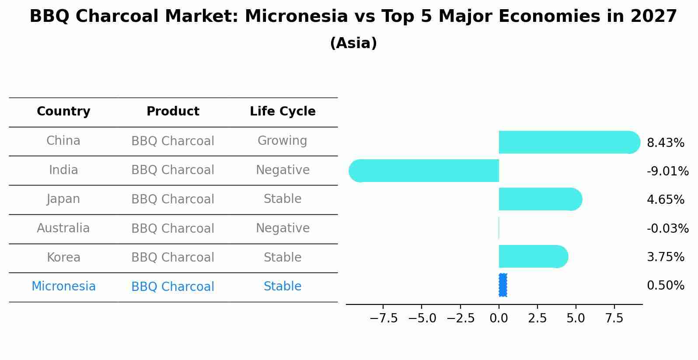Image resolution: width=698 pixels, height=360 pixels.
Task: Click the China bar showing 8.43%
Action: point(569,142)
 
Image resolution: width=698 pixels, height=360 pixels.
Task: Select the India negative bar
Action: point(424,171)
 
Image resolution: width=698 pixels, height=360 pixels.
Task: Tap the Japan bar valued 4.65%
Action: point(540,199)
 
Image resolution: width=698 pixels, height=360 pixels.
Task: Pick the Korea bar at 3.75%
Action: point(534,256)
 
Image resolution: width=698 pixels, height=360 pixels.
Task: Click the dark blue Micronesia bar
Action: point(503,285)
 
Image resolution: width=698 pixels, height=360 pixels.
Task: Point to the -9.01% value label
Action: point(667,171)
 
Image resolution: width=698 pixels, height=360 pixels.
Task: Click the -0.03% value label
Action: point(667,228)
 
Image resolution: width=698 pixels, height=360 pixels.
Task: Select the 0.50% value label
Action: point(666,285)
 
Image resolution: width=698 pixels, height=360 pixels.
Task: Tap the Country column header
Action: point(63,111)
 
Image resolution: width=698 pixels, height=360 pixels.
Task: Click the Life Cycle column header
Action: point(283,111)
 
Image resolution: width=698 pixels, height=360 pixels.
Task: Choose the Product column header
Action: point(173,111)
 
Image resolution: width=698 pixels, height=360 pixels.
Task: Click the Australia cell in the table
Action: point(63,228)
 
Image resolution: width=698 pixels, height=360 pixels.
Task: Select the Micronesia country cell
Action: point(63,286)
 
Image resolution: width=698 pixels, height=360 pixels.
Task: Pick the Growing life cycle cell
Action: point(283,140)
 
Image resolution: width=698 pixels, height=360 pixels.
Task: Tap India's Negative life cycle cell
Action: point(283,170)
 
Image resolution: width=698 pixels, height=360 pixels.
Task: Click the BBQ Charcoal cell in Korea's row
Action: point(173,258)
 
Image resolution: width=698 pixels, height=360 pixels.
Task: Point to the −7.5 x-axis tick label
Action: point(384,318)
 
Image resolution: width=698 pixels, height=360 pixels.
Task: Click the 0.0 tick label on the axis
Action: point(499,318)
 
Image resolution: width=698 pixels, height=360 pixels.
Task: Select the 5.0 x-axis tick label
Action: point(576,318)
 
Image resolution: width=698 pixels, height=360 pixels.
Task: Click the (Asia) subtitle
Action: point(353,43)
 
